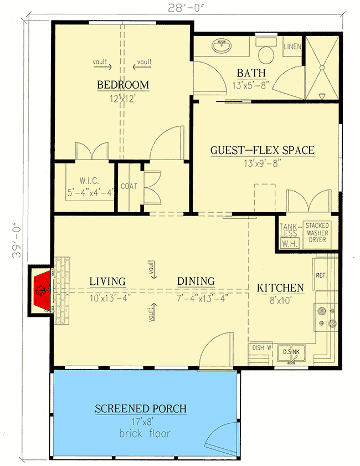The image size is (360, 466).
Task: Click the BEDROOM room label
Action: (x=123, y=85)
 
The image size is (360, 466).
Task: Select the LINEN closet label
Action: (x=292, y=47)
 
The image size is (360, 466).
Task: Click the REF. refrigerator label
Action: (x=321, y=275)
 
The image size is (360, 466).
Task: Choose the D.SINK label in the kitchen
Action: (x=291, y=351)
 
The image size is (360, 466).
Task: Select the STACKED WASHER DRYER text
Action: (x=317, y=233)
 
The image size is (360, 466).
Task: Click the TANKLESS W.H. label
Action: (x=289, y=234)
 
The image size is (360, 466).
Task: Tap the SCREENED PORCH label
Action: (x=140, y=409)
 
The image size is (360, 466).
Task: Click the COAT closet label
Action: (x=128, y=187)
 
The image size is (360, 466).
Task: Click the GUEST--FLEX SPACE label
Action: (x=262, y=150)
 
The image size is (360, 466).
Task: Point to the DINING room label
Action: (x=196, y=281)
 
